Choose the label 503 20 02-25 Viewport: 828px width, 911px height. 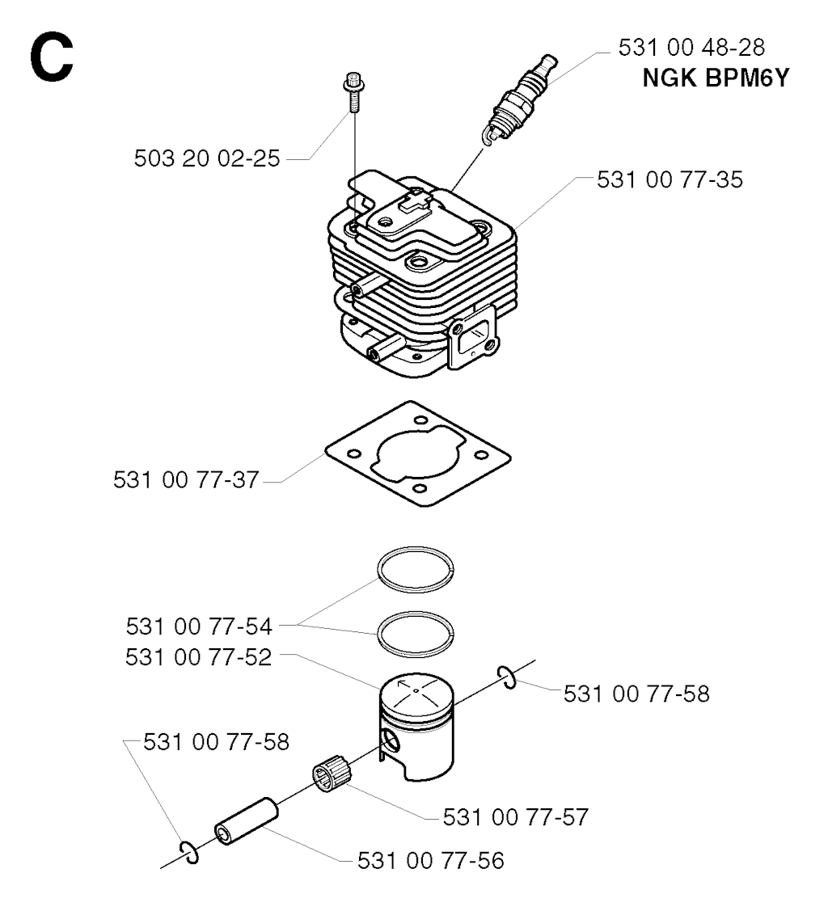(206, 158)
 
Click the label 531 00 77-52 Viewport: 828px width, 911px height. (198, 657)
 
